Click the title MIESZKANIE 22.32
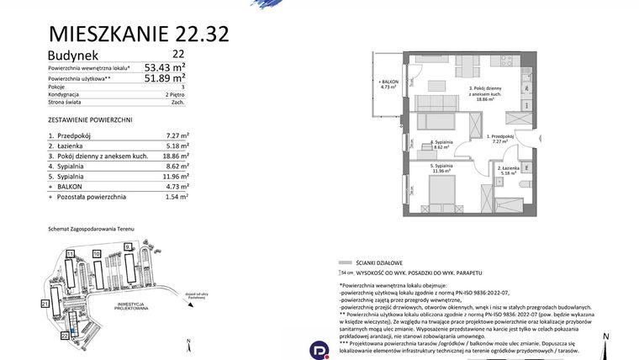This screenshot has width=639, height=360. (x=140, y=34)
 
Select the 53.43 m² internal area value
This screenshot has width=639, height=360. (x=165, y=68)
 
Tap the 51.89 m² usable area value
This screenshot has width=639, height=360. (x=165, y=79)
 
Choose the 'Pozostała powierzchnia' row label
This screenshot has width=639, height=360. (x=92, y=197)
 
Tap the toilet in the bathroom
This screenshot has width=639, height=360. (x=523, y=186)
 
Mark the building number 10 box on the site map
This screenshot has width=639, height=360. (x=97, y=253)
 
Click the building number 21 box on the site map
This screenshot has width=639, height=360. (x=45, y=302)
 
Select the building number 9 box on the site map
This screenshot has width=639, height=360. (x=128, y=246)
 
